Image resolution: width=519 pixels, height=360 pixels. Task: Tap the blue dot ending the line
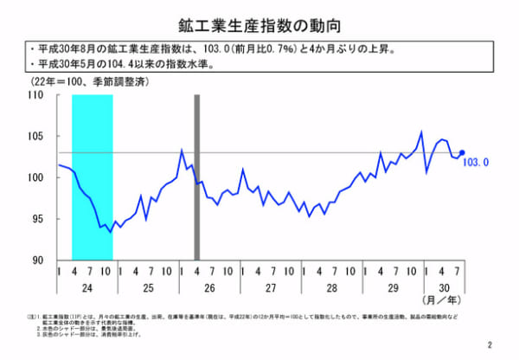click(462, 152)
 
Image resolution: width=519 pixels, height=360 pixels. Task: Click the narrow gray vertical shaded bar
click(197, 177)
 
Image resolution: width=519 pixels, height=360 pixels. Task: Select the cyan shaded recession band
click(92, 177)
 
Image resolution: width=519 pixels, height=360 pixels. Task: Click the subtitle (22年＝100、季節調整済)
click(83, 82)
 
